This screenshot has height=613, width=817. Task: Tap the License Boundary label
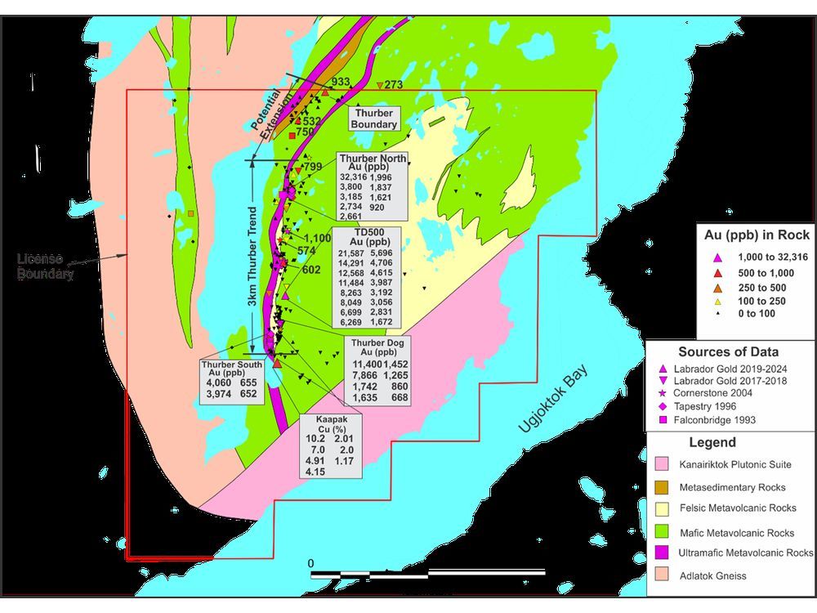[x=46, y=266]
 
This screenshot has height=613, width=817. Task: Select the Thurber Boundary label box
[x=375, y=119]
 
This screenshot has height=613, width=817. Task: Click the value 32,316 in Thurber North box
[x=354, y=176]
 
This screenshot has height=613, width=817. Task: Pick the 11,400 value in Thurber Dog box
[x=367, y=363]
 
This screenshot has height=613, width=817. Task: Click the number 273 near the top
[x=393, y=84]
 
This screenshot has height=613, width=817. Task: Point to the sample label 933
[x=340, y=83]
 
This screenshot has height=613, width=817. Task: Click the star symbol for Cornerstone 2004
[x=663, y=393]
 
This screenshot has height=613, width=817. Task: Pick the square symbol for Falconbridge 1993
[x=663, y=420]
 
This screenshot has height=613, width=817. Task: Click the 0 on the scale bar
[x=310, y=564]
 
